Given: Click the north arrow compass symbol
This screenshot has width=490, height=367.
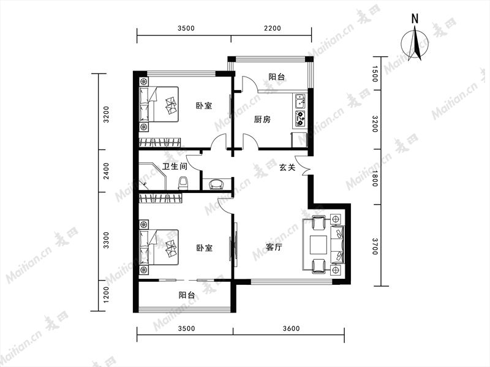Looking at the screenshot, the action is tap(415, 44).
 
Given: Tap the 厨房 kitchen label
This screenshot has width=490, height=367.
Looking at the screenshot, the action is tap(262, 119).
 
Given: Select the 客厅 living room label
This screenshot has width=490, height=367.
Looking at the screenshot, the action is tap(274, 248).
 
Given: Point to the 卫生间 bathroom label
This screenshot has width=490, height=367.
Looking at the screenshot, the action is tap(175, 166).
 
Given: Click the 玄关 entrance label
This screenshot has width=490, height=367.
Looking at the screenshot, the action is tap(287, 167).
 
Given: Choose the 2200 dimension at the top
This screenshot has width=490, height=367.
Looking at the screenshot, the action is tap(273, 28).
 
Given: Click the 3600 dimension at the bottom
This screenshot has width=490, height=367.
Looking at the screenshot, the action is tap(292, 328).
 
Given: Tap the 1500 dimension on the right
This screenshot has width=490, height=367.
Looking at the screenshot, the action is tap(375, 74).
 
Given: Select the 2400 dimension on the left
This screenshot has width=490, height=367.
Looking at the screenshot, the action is tap(107, 171).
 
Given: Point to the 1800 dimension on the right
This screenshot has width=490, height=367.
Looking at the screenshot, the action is tap(375, 178).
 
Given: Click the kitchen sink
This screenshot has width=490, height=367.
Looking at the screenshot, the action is tap(301, 101).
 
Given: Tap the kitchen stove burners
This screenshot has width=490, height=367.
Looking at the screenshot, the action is tap(301, 118).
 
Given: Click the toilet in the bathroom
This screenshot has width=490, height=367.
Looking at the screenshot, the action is tap(183, 183).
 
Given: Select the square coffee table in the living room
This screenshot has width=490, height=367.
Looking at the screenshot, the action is tap(318, 244).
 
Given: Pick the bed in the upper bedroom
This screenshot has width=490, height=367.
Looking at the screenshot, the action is tap(159, 104).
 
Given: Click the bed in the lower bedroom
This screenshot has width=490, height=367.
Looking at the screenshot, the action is tap(159, 248).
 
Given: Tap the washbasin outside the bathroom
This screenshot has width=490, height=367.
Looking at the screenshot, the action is tap(216, 184).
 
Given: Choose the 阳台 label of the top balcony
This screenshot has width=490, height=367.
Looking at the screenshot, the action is tap(277, 76).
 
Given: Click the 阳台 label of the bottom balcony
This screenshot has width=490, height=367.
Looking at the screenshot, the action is tap(187, 295).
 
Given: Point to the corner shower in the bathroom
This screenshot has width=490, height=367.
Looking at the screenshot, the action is tap(152, 176).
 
